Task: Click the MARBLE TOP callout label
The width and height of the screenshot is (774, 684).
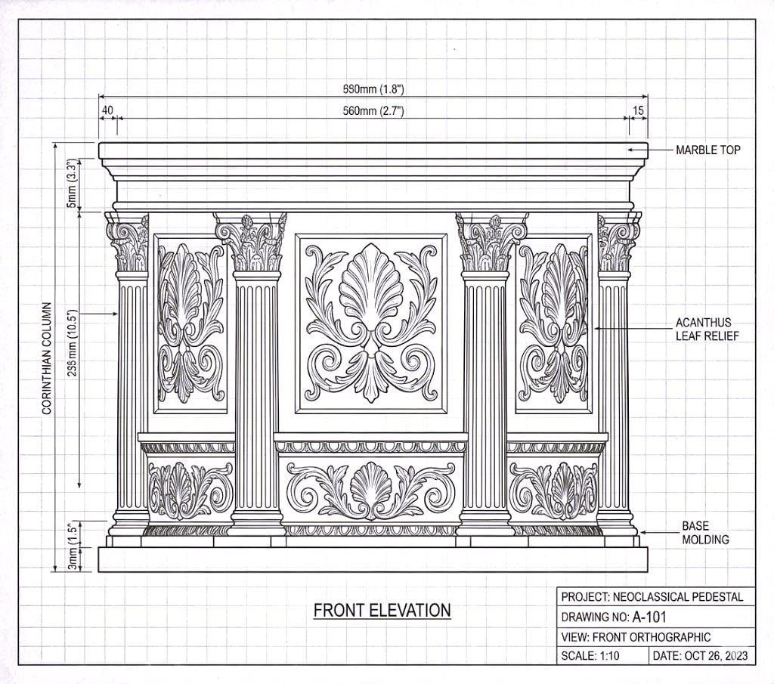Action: [x=707, y=150]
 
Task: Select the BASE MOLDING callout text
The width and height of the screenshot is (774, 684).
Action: [x=705, y=532]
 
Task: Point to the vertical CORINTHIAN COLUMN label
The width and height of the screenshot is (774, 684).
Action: [x=47, y=359]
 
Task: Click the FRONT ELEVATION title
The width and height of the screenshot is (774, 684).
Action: [x=382, y=610]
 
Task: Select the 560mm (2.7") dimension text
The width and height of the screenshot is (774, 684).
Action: [x=373, y=111]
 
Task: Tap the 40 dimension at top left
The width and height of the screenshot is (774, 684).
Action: [x=107, y=110]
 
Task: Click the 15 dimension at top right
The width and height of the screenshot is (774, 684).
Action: [x=639, y=110]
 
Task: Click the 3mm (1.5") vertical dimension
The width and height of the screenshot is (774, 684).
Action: [x=72, y=546]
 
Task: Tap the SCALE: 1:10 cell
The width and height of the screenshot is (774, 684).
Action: [x=590, y=655]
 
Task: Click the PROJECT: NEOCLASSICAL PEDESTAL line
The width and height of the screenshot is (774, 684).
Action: [x=652, y=596]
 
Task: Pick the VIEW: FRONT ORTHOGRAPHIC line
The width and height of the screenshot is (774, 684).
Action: [x=635, y=636]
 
